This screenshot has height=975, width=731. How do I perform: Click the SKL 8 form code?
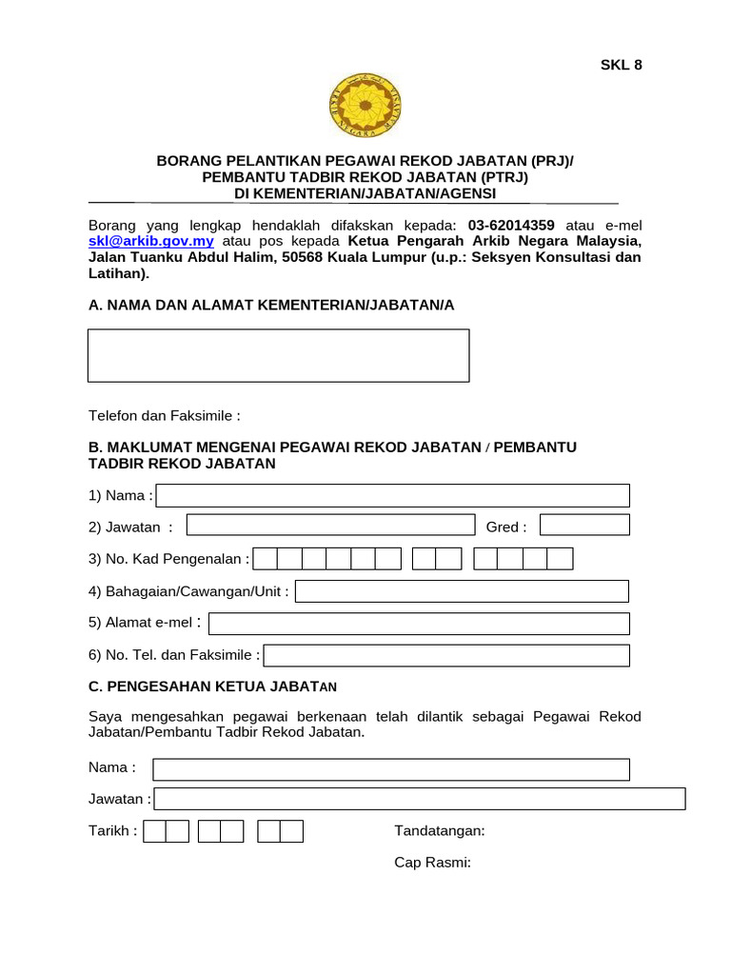click(621, 65)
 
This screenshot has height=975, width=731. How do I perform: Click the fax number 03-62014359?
click(511, 226)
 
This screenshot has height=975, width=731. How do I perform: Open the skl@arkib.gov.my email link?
click(150, 242)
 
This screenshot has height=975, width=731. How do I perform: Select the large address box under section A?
click(278, 355)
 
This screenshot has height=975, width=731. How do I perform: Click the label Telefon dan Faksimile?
click(165, 416)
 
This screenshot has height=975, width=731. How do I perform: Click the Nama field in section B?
click(393, 495)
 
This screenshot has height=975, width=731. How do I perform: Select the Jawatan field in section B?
click(330, 526)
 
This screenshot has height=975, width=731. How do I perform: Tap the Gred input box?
click(584, 526)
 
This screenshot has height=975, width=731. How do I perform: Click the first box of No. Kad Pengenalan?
click(265, 559)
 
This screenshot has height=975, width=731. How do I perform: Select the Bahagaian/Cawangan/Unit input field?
click(462, 591)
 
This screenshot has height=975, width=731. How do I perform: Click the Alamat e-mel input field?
click(419, 624)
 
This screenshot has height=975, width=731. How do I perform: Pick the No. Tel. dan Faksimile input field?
click(446, 655)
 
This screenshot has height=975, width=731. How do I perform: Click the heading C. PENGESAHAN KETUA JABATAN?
click(212, 686)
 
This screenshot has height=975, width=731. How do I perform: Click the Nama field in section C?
click(391, 769)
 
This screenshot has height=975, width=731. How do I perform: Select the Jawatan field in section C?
click(420, 800)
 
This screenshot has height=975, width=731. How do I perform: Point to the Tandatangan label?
click(440, 831)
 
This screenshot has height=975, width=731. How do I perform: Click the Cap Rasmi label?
click(433, 863)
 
